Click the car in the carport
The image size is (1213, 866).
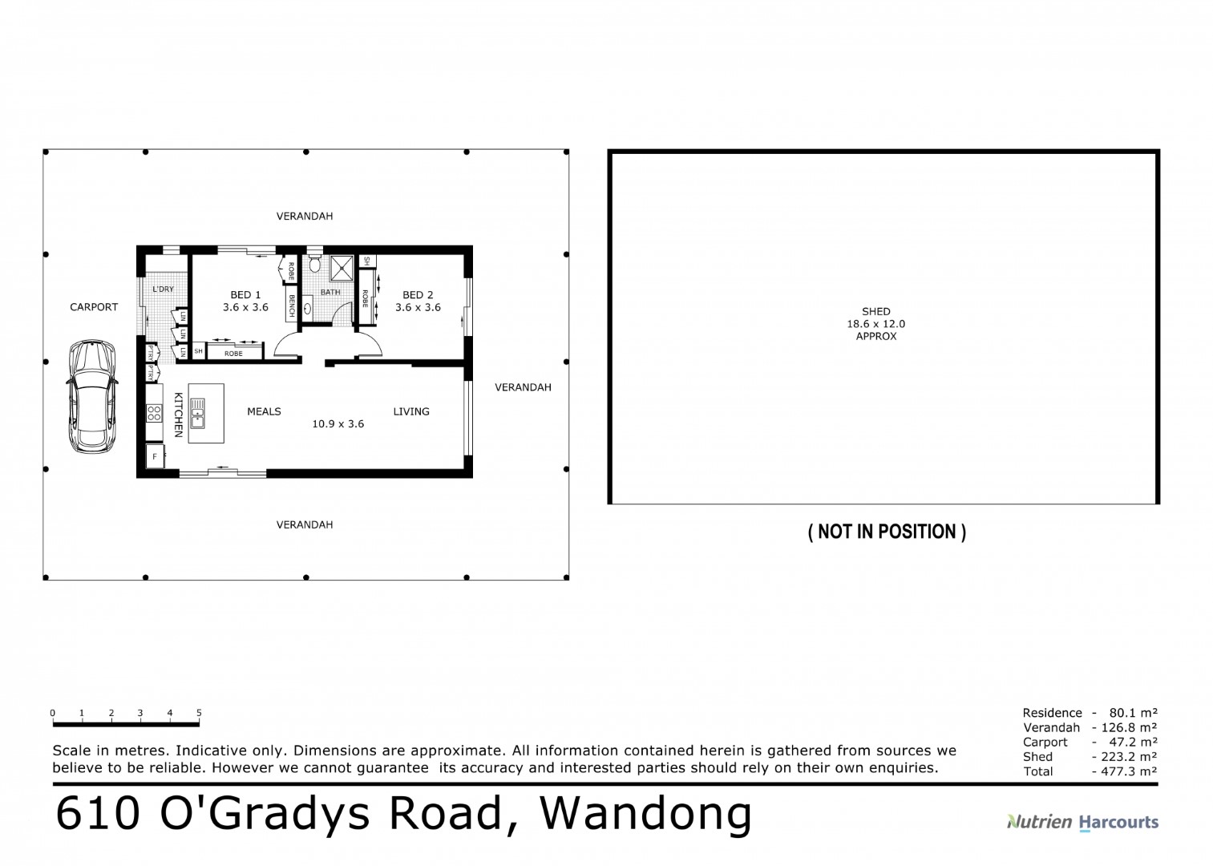(93, 396)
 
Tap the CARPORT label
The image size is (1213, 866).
(94, 307)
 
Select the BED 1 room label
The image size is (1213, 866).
(245, 295)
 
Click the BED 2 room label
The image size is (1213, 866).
(418, 295)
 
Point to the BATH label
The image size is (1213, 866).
(330, 293)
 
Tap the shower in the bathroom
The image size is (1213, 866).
(342, 267)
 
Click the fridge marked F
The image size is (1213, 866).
(154, 457)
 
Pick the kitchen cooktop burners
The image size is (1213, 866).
(154, 414)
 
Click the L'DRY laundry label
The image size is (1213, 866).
(163, 289)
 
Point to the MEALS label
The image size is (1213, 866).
(264, 411)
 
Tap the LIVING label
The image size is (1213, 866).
(411, 411)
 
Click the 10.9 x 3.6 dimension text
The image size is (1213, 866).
(338, 424)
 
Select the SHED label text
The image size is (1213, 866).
(875, 311)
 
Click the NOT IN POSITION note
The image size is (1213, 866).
(887, 532)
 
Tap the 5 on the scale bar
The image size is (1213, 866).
(199, 713)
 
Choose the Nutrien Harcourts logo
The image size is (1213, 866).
(1082, 822)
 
